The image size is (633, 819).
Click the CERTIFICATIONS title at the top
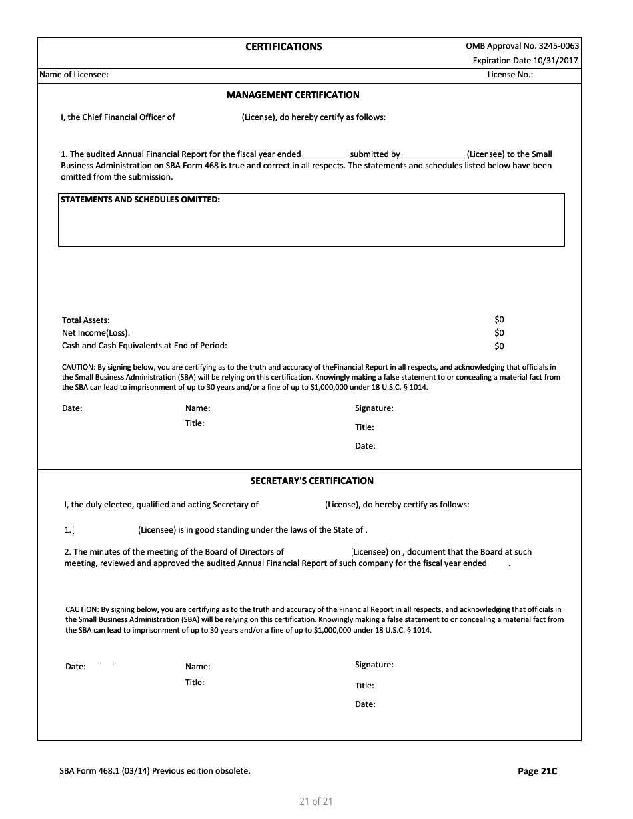[283, 47]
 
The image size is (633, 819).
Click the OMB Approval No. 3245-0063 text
[522, 46]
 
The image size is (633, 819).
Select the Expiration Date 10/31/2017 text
[526, 61]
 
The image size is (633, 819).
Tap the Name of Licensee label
[74, 75]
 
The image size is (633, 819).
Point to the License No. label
[510, 75]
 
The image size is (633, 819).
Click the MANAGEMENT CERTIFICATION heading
[293, 95]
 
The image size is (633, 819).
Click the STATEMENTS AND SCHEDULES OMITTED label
[140, 200]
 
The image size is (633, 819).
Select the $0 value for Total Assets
[499, 320]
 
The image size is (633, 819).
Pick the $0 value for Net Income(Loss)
[499, 332]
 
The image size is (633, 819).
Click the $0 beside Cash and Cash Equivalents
[499, 346]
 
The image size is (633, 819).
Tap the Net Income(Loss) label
[96, 333]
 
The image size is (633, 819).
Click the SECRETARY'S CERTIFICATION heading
[312, 481]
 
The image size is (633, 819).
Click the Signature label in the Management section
[374, 408]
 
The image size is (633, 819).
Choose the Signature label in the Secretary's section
[374, 665]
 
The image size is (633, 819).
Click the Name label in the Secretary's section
[197, 667]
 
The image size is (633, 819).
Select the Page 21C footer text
[537, 771]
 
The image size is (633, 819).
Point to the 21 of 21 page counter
[316, 802]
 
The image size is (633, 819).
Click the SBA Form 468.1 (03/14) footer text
[155, 771]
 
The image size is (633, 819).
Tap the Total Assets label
[86, 320]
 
